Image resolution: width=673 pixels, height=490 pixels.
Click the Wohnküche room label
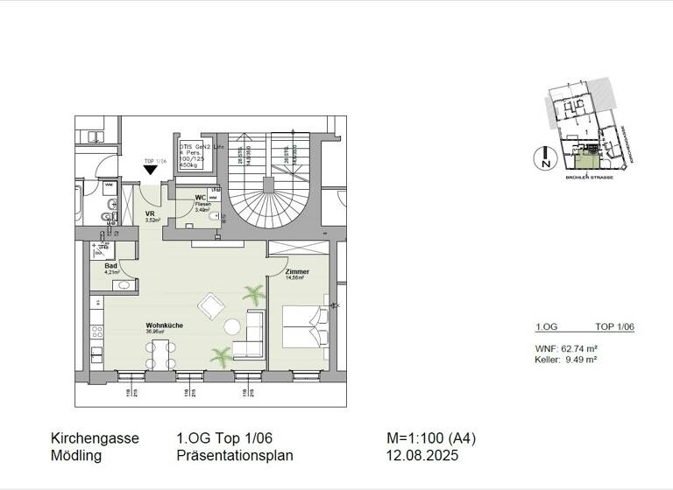[164, 326]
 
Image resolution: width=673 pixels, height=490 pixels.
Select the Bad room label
[111, 265]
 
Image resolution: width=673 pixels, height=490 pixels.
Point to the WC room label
[200, 198]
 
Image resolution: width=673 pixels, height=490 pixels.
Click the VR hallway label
[150, 213]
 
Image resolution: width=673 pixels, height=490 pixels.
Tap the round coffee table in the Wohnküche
[232, 327]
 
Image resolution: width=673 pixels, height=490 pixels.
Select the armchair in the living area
[211, 305]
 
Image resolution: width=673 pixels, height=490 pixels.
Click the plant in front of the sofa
[220, 354]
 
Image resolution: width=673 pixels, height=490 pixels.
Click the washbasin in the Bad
[124, 284]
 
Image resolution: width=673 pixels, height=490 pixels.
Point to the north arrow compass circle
[545, 158]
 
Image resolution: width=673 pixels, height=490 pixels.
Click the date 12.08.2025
[421, 456]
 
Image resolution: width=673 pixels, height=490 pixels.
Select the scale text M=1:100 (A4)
[431, 439]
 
